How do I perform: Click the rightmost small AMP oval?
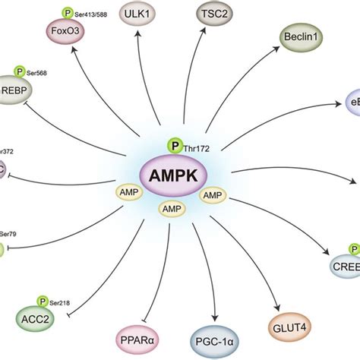click(x=213, y=196)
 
